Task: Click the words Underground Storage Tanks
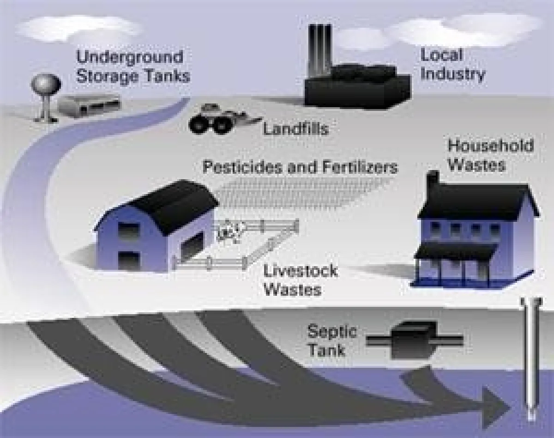pyautogui.click(x=132, y=66)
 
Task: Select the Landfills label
pyautogui.click(x=295, y=129)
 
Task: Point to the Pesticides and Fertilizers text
pyautogui.click(x=300, y=167)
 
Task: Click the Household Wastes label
pyautogui.click(x=490, y=155)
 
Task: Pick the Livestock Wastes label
pyautogui.click(x=300, y=280)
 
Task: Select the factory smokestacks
pyautogui.click(x=320, y=46)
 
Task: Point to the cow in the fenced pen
pyautogui.click(x=229, y=231)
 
